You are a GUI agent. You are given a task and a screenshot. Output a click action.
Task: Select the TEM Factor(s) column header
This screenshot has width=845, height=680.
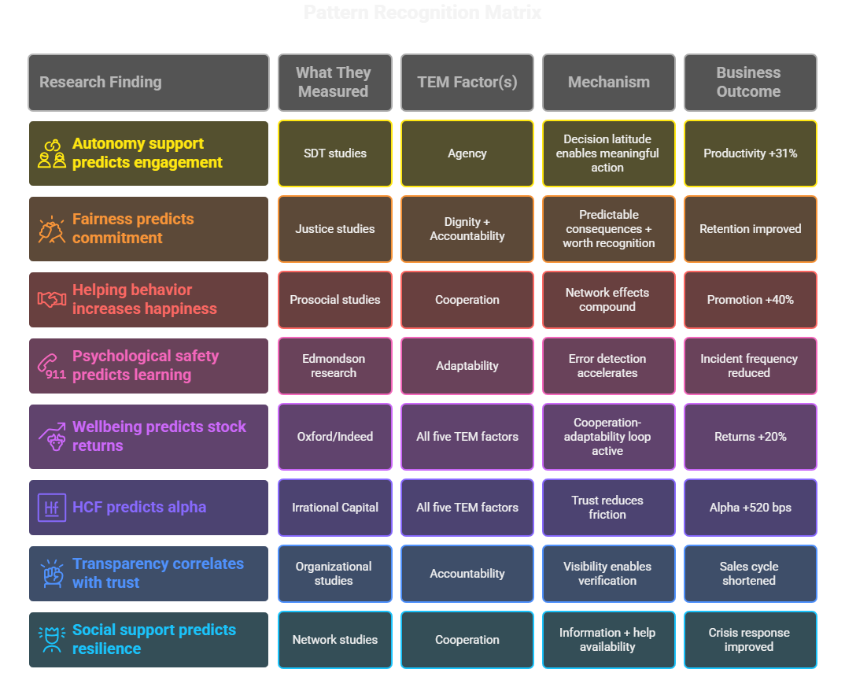click(x=467, y=82)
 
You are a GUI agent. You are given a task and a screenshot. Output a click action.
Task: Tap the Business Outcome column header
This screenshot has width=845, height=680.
click(x=748, y=82)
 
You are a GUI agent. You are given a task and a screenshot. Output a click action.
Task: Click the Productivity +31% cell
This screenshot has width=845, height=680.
click(x=750, y=153)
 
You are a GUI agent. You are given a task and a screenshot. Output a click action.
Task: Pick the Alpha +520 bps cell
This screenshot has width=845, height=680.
click(x=750, y=508)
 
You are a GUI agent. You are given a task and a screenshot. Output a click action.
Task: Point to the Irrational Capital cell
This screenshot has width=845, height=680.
click(x=334, y=508)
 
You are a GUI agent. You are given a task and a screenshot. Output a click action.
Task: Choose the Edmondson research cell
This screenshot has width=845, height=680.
click(x=334, y=366)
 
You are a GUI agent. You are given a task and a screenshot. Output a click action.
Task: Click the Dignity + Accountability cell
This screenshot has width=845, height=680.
click(x=467, y=229)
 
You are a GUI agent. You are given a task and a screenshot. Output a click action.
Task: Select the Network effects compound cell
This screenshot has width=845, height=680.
click(x=607, y=300)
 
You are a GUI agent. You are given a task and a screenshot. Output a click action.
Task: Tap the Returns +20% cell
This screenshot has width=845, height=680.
click(x=750, y=437)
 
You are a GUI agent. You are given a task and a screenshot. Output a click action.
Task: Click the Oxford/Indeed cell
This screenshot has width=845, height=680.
click(x=334, y=437)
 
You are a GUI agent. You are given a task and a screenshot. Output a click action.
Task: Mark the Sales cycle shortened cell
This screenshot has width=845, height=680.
click(x=750, y=574)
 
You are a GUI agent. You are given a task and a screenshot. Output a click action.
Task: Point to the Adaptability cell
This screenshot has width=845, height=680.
click(x=467, y=366)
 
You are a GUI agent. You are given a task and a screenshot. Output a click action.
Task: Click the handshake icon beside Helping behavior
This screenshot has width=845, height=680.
click(x=52, y=300)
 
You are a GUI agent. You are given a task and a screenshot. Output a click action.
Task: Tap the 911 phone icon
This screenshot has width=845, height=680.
click(x=53, y=367)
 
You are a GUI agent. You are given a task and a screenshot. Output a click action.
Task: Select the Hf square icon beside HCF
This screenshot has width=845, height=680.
click(x=52, y=508)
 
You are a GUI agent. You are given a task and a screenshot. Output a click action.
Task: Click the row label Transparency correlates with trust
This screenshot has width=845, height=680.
click(x=157, y=573)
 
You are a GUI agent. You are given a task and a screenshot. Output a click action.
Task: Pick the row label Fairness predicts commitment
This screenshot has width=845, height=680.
click(x=132, y=228)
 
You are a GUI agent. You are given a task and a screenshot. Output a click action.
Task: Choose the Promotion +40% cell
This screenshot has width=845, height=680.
click(x=750, y=300)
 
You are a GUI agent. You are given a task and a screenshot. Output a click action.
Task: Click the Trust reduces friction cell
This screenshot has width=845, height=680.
click(x=607, y=508)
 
